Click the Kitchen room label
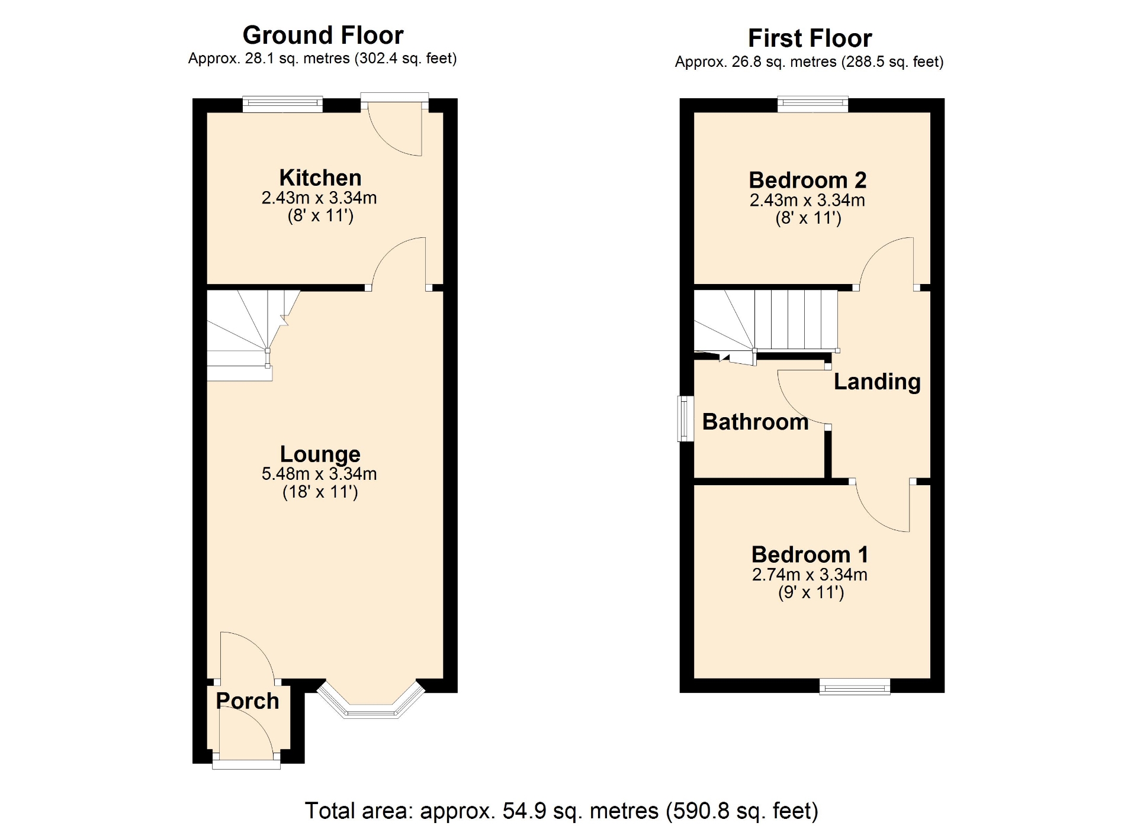(x=320, y=178)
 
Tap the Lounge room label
(x=320, y=454)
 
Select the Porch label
(x=248, y=701)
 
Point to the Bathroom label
(x=755, y=422)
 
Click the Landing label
(x=877, y=382)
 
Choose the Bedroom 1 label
(x=810, y=554)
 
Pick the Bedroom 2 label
(x=808, y=180)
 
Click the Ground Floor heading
(x=323, y=36)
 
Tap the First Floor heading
(x=810, y=38)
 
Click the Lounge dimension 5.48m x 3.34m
(x=319, y=474)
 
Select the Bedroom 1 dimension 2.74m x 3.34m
(x=810, y=575)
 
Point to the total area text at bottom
(x=561, y=811)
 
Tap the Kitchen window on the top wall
(x=282, y=105)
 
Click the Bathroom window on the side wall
(x=686, y=418)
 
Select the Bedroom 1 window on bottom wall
(x=855, y=686)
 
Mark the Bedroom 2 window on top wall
(x=812, y=105)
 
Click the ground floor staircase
(x=253, y=335)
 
